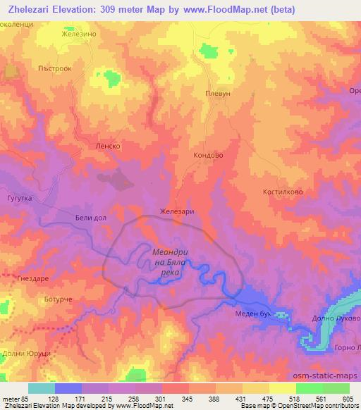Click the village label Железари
[x=177, y=211]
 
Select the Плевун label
[x=218, y=93]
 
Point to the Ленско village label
[x=109, y=146]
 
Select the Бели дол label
[x=90, y=218]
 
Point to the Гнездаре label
[x=30, y=279]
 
